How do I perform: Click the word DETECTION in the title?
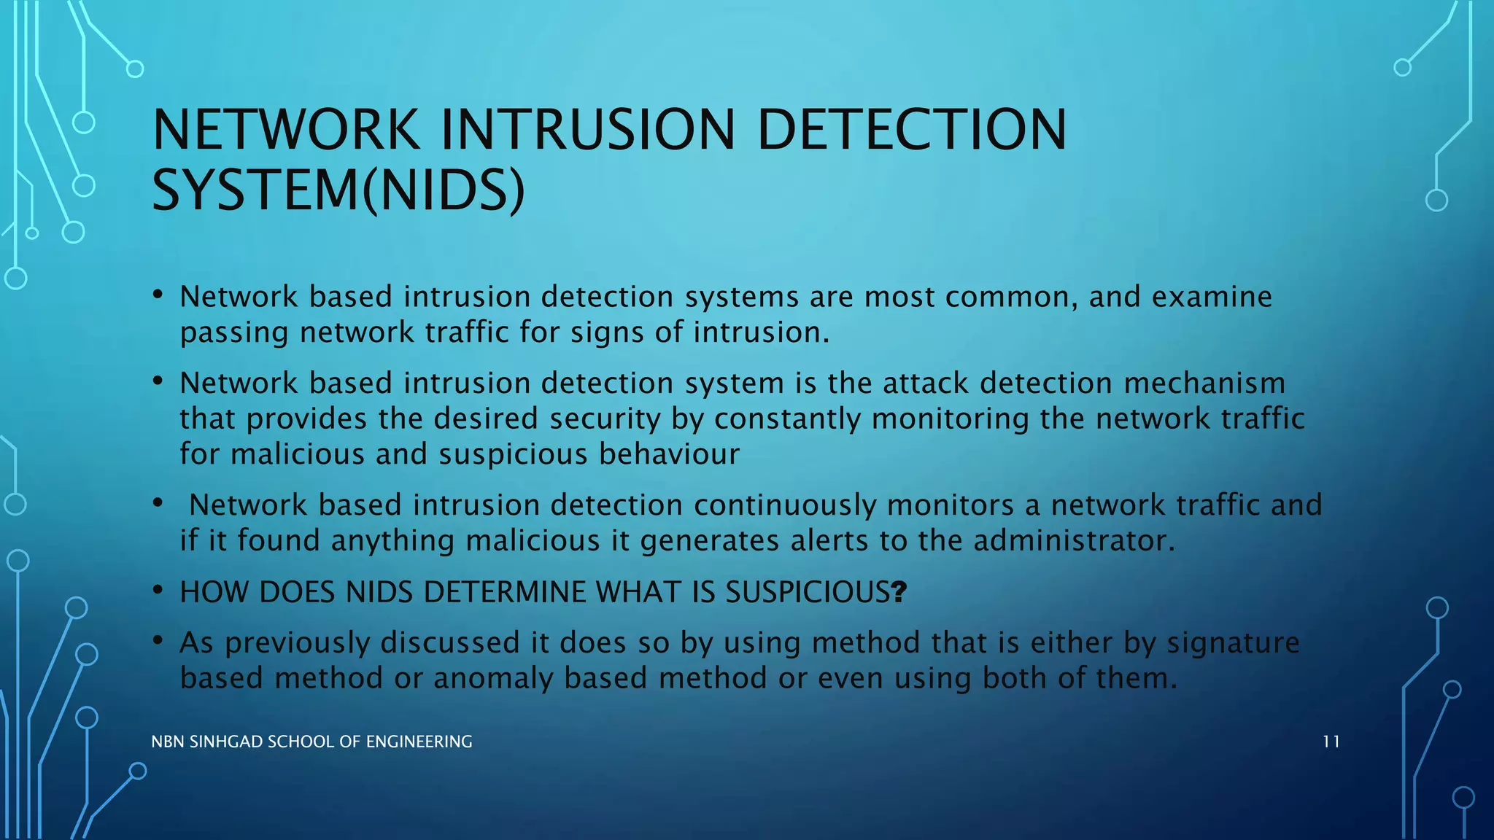click(x=912, y=130)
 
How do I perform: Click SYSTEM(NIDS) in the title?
click(x=338, y=190)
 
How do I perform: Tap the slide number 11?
click(x=1331, y=742)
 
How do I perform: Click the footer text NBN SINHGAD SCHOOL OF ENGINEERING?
click(x=311, y=742)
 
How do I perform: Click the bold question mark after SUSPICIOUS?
click(x=899, y=592)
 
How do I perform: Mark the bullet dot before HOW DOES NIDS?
click(x=158, y=590)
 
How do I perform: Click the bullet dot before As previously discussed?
click(x=158, y=641)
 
